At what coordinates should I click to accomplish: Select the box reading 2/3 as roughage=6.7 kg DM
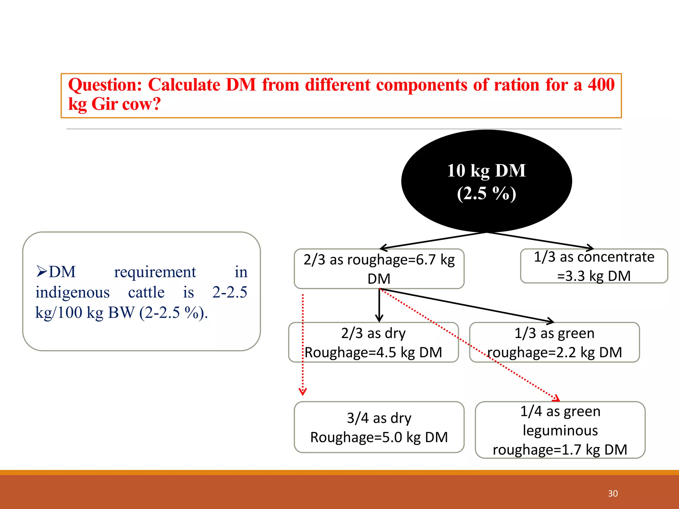pyautogui.click(x=379, y=269)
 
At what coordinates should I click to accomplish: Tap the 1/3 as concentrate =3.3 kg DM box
pyautogui.click(x=594, y=266)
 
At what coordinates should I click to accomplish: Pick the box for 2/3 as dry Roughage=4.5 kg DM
pyautogui.click(x=373, y=342)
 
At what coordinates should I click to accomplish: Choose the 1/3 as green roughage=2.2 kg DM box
pyautogui.click(x=554, y=342)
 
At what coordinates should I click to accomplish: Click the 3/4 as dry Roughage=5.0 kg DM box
pyautogui.click(x=379, y=427)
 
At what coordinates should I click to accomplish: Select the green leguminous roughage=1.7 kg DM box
pyautogui.click(x=560, y=430)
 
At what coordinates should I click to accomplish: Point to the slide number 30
pyautogui.click(x=613, y=493)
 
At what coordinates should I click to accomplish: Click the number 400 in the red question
pyautogui.click(x=601, y=85)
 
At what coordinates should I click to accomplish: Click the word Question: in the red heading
pyautogui.click(x=105, y=85)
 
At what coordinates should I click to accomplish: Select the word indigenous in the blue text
pyautogui.click(x=73, y=292)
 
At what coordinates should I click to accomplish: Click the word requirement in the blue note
pyautogui.click(x=155, y=272)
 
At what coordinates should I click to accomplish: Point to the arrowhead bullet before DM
pyautogui.click(x=41, y=271)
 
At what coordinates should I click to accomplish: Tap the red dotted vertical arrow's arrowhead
pyautogui.click(x=303, y=392)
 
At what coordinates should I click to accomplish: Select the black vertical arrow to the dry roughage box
pyautogui.click(x=379, y=305)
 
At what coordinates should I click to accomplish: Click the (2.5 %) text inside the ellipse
pyautogui.click(x=486, y=193)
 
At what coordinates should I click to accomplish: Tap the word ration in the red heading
pyautogui.click(x=517, y=85)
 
